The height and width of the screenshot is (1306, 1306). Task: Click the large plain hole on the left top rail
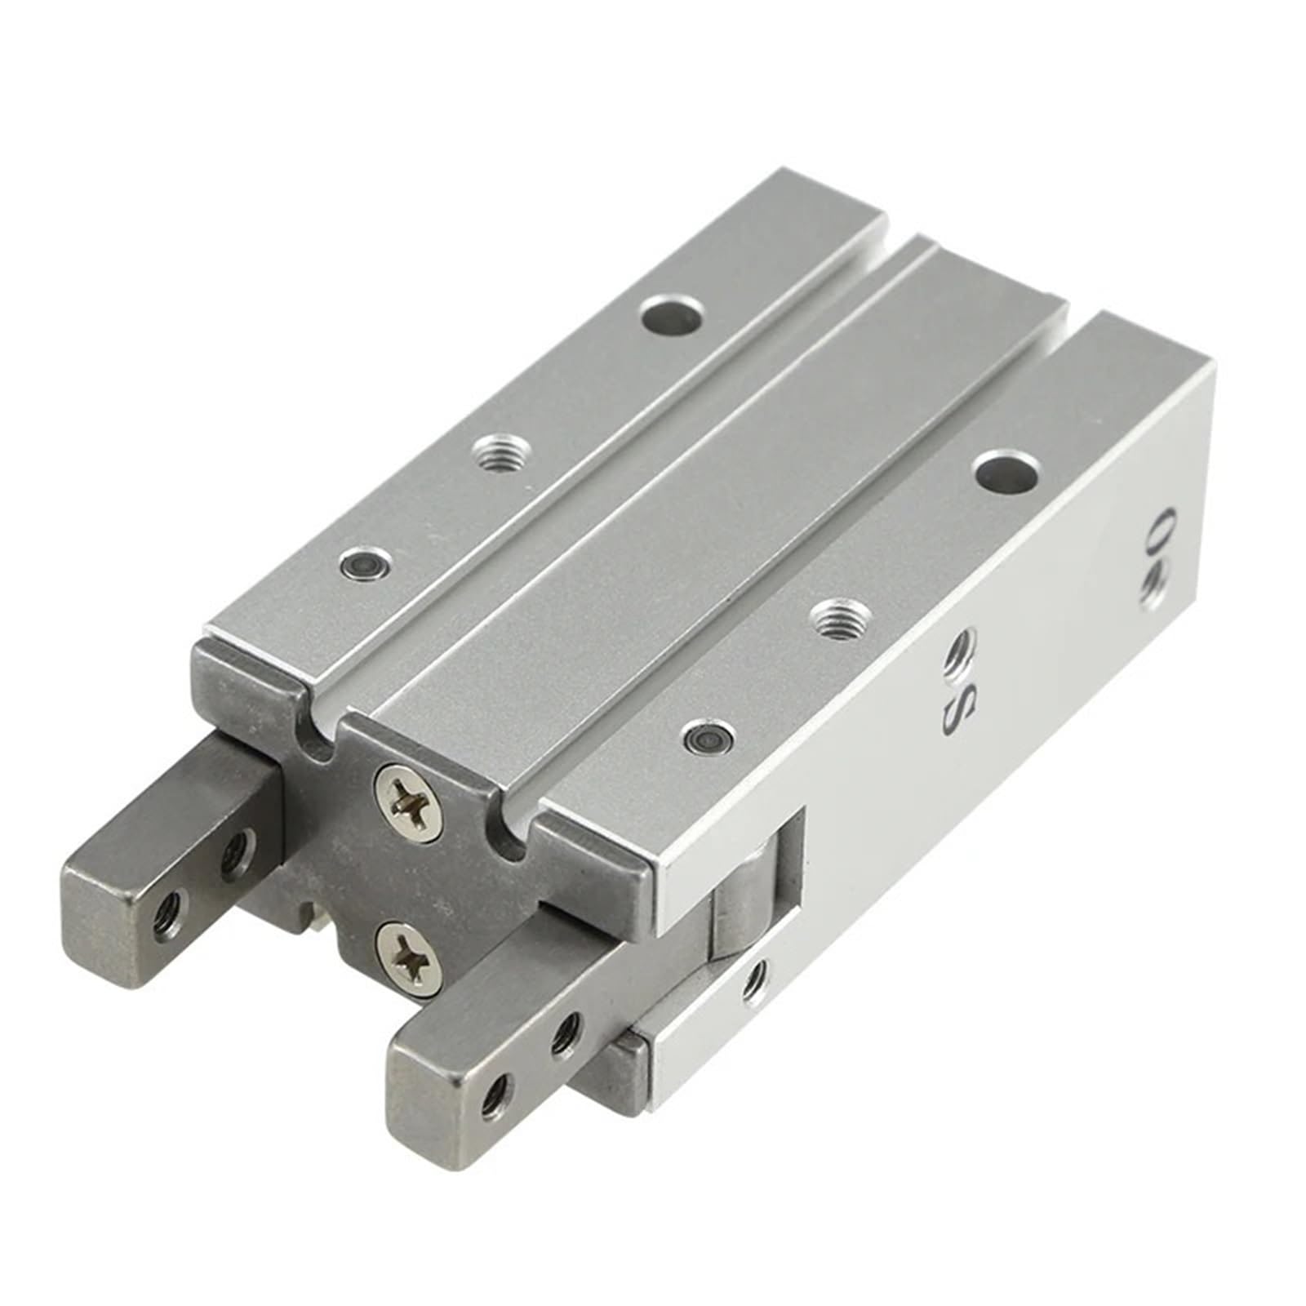click(672, 314)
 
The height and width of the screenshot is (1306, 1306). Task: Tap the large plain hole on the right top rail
click(1007, 472)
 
